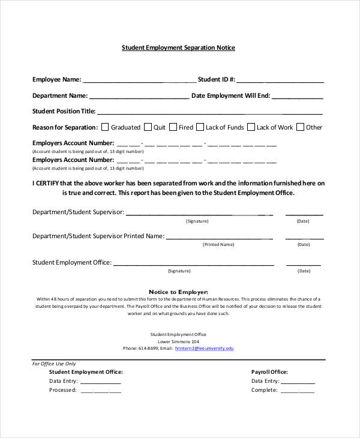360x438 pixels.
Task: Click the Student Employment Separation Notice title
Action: pos(179,47)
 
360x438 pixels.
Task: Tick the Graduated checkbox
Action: pos(105,127)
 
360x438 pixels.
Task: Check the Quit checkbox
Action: pos(148,127)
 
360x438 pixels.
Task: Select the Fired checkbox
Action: pos(173,127)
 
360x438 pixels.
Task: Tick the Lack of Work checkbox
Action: pos(251,127)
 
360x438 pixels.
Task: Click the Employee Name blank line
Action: pos(139,80)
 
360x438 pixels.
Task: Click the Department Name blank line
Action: pos(139,97)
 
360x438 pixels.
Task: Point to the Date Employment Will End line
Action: pos(298,97)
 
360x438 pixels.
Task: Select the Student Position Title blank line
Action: pos(210,112)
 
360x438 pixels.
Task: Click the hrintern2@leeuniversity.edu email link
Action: pos(205,348)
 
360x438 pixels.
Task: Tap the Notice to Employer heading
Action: pos(178,292)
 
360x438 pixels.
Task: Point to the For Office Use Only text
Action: pos(54,364)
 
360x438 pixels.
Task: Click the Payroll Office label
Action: pos(269,372)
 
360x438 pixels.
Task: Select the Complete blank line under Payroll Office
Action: pos(298,391)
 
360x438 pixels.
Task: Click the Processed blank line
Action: pos(101,391)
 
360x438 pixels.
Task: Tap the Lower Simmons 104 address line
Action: pos(178,341)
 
